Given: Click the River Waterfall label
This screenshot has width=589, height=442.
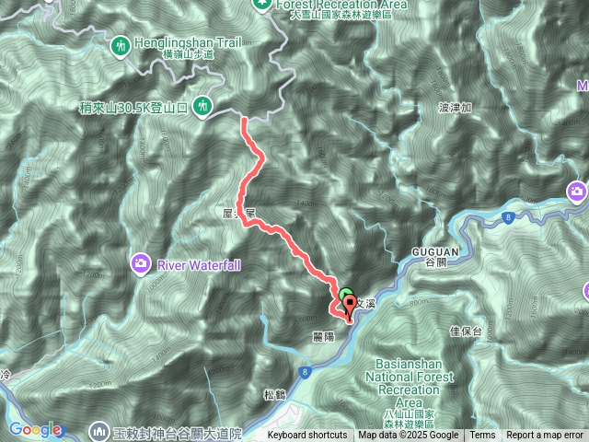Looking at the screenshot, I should (199, 265).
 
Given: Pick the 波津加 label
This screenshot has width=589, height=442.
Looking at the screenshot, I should (456, 108).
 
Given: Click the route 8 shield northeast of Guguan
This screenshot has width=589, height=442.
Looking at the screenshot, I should (506, 217).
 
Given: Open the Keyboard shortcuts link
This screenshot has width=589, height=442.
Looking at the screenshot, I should (307, 436).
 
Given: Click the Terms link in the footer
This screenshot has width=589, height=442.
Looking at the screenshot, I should (482, 436).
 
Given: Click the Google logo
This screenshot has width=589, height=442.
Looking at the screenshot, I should (35, 429).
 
